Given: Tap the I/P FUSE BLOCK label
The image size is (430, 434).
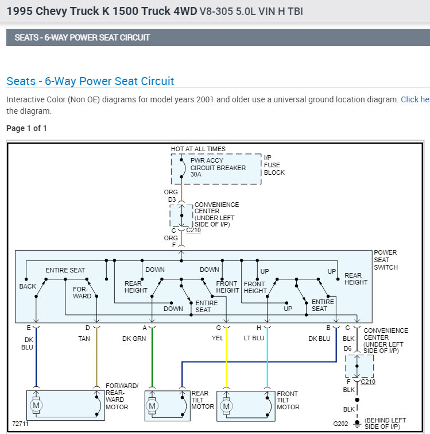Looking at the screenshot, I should click(274, 164).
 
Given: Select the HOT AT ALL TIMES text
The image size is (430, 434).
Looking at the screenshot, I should click(198, 149).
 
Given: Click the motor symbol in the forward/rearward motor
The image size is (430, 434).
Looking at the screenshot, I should click(37, 406).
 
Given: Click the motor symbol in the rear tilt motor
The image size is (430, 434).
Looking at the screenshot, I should click(152, 406).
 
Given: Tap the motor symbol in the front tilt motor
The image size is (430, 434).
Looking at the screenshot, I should click(226, 406).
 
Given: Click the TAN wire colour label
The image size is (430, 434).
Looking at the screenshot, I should click(84, 339).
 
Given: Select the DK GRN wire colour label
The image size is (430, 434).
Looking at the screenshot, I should click(134, 339).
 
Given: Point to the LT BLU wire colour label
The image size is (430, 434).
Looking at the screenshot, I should click(253, 339).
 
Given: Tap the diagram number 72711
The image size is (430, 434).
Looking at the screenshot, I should click(20, 424).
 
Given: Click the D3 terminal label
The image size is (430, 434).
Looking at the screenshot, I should click(172, 200).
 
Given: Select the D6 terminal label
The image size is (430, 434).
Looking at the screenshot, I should click(347, 348).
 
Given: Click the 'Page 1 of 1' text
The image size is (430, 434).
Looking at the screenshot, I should click(26, 128).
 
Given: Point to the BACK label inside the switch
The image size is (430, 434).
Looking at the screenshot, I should click(28, 286).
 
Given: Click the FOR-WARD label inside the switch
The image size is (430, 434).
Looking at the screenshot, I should click(82, 293).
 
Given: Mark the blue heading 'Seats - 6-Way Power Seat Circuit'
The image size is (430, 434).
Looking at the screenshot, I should click(90, 81).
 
